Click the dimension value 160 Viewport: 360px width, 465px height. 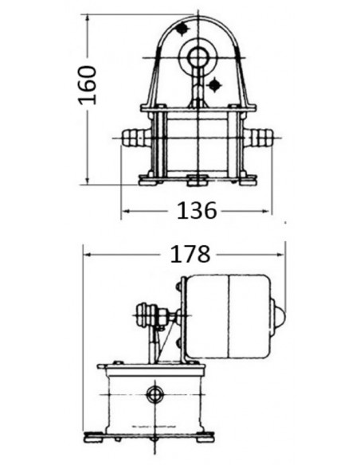coord(87,85)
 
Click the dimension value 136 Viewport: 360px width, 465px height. coord(197,211)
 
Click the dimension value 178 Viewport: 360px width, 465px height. coord(190,254)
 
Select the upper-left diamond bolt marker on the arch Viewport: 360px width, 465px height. coord(182,29)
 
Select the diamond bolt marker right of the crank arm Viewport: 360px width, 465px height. coord(214,85)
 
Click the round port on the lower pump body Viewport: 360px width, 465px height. coord(155,394)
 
